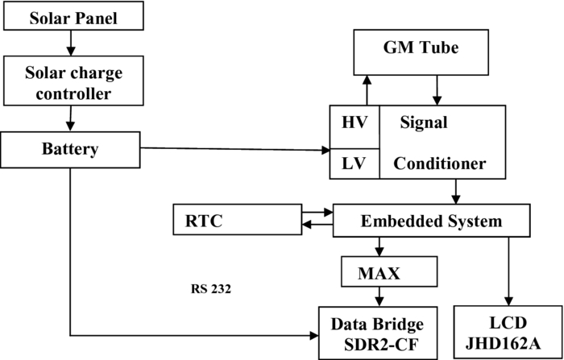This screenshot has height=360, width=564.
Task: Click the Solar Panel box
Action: point(73,17)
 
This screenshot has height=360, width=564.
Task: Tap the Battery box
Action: point(70,149)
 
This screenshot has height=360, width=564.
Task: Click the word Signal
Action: point(424,125)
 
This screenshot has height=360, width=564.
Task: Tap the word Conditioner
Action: point(439,164)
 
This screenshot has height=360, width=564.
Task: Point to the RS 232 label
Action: point(211,288)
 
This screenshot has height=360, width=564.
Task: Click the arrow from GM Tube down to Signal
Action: point(437,90)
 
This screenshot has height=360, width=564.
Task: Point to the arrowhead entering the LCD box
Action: point(508,300)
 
